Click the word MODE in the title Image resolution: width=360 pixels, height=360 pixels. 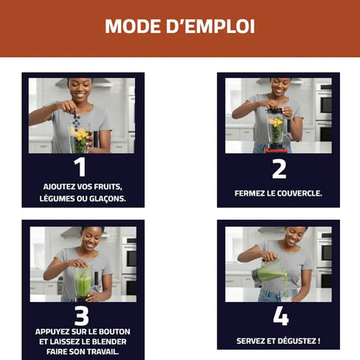pyautogui.click(x=132, y=26)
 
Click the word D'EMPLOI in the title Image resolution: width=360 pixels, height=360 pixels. pyautogui.click(x=210, y=26)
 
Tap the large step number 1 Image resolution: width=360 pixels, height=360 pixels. pyautogui.click(x=80, y=166)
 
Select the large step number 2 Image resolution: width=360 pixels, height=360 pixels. pyautogui.click(x=279, y=169)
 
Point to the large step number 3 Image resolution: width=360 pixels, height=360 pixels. pyautogui.click(x=81, y=316)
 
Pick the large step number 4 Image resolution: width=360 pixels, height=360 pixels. pyautogui.click(x=280, y=316)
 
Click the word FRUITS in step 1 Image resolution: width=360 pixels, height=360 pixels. pyautogui.click(x=108, y=187)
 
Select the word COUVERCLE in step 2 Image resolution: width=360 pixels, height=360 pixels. pyautogui.click(x=299, y=193)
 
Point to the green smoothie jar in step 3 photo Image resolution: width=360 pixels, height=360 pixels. pyautogui.click(x=83, y=283)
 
